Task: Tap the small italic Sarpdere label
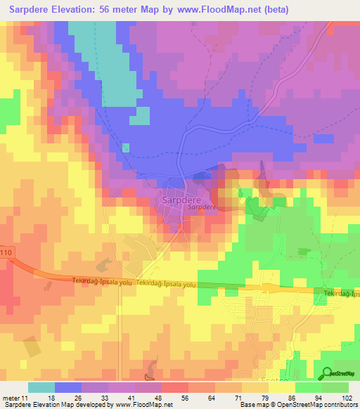pos(201,208)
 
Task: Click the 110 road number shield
pos(6,252)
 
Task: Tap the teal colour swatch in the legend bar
pos(41,387)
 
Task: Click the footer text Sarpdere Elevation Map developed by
pos(56,405)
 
